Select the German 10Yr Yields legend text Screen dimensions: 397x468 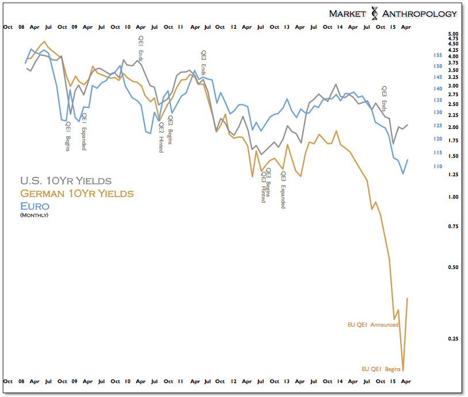pyautogui.click(x=77, y=194)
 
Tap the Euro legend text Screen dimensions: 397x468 pyautogui.click(x=35, y=206)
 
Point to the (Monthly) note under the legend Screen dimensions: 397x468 pyautogui.click(x=34, y=215)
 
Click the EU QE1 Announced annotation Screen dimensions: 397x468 pyautogui.click(x=372, y=325)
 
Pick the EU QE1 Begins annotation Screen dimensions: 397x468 pyautogui.click(x=381, y=369)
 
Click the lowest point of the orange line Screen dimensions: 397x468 pyautogui.click(x=403, y=370)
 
